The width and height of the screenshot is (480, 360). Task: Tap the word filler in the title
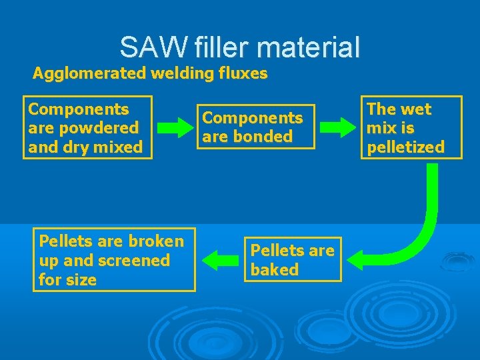(x=219, y=47)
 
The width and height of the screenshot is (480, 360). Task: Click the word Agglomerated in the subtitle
(x=90, y=73)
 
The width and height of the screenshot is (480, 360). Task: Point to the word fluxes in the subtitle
(x=243, y=73)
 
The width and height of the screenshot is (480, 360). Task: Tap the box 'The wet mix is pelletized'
(x=413, y=127)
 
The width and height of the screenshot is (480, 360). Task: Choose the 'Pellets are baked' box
(x=293, y=259)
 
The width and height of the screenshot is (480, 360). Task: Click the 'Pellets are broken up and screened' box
(x=114, y=259)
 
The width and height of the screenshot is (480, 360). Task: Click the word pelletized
(x=405, y=147)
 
